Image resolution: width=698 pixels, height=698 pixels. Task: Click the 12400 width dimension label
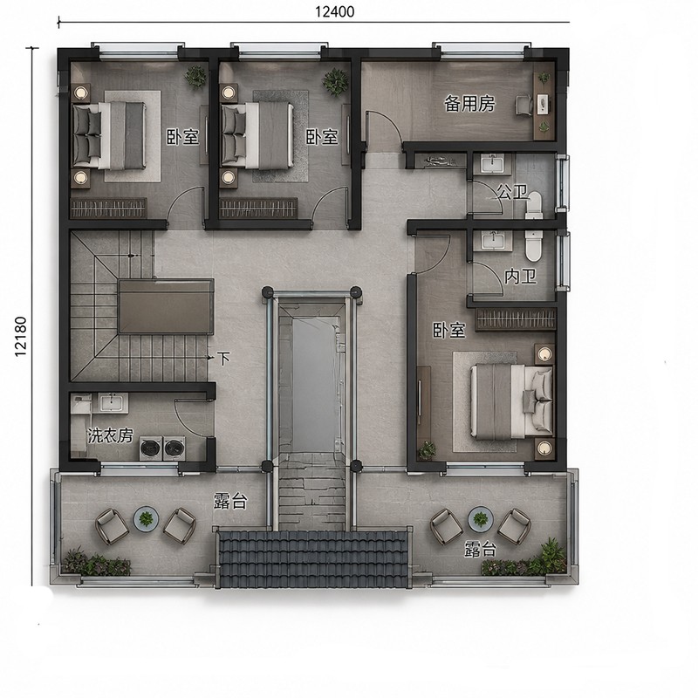(x=335, y=11)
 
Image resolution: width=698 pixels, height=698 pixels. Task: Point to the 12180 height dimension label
(x=21, y=337)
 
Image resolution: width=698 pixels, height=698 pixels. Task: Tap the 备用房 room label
(x=469, y=104)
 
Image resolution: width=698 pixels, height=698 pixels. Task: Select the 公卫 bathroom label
(x=512, y=192)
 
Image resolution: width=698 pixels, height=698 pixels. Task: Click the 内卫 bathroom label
(x=520, y=277)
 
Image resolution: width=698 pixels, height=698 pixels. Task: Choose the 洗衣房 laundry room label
(x=111, y=435)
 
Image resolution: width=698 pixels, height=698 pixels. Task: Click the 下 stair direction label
(x=223, y=358)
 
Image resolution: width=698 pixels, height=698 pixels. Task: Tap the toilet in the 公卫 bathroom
(x=533, y=205)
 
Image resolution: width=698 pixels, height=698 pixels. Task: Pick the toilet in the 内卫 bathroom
(x=532, y=246)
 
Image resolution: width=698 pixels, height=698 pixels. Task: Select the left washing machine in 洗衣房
(x=151, y=448)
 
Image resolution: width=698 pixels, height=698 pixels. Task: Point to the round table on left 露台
(x=146, y=518)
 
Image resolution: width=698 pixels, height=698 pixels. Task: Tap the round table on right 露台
(x=481, y=518)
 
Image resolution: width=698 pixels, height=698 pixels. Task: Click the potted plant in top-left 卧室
(x=195, y=77)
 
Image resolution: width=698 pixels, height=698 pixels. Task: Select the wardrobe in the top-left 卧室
(x=108, y=209)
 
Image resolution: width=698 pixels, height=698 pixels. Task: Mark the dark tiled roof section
(x=311, y=558)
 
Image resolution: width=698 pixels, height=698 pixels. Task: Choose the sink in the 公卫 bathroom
(x=492, y=163)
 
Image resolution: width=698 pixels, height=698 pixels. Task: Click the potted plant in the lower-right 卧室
(x=427, y=450)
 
